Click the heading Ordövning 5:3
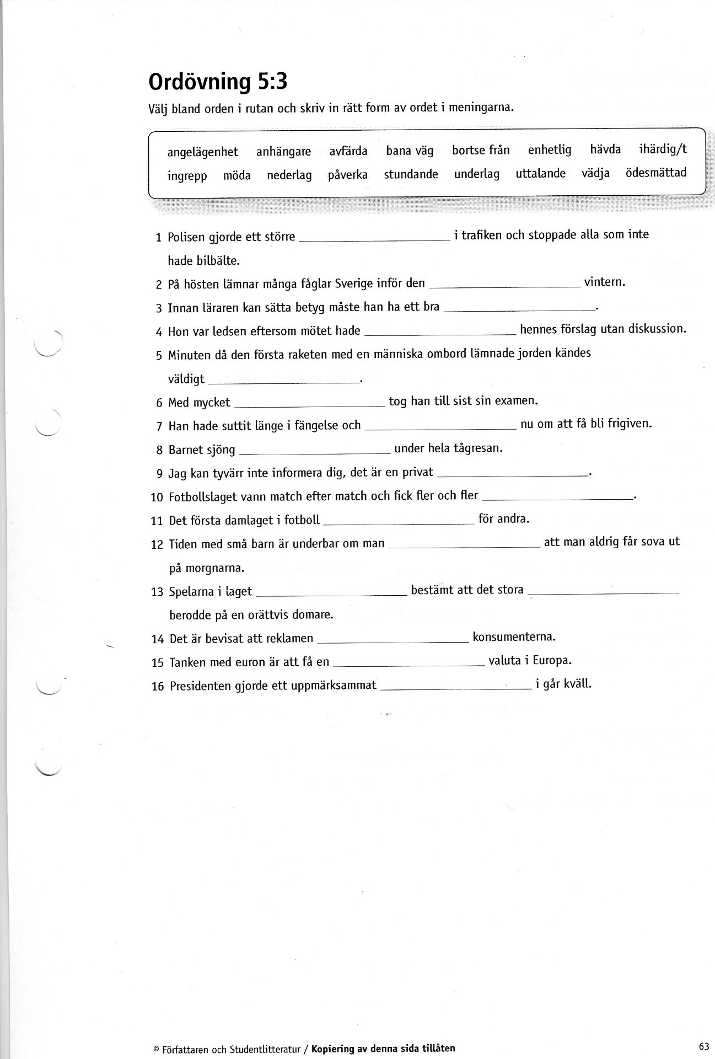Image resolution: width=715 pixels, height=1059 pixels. (x=218, y=82)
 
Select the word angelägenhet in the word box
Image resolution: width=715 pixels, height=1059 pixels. (x=202, y=152)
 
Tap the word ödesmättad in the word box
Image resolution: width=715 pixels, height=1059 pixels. (x=655, y=173)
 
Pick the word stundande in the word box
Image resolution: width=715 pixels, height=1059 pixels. (x=411, y=174)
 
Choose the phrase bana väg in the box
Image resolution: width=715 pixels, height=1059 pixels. (x=410, y=151)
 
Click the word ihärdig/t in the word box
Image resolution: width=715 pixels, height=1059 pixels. (x=663, y=149)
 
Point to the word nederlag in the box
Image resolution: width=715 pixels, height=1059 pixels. (x=289, y=175)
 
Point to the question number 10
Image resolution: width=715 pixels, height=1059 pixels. (x=157, y=498)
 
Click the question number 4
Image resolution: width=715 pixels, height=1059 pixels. (x=159, y=332)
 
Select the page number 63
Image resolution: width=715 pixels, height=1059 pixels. (x=702, y=1044)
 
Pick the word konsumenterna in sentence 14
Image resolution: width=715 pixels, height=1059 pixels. (x=514, y=637)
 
